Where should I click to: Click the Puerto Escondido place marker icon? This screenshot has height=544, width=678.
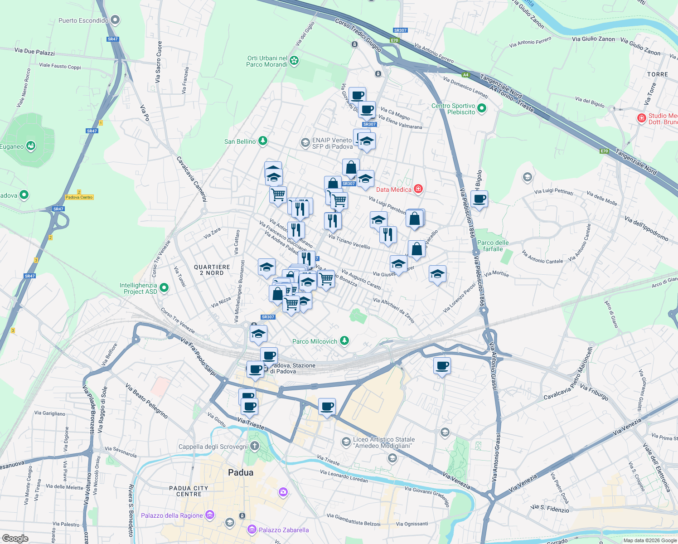tap(115, 20)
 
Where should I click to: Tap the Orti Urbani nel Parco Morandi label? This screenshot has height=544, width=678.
tap(267, 61)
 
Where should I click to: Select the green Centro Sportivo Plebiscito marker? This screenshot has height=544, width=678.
tap(482, 108)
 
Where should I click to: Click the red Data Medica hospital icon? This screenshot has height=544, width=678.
tap(418, 189)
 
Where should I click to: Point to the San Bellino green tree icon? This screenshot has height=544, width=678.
tap(263, 141)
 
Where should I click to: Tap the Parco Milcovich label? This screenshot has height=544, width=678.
tap(315, 341)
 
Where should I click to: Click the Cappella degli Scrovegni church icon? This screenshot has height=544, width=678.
tap(255, 446)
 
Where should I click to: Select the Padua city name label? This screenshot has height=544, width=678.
tap(241, 472)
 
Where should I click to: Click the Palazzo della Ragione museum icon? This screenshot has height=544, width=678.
tap(209, 515)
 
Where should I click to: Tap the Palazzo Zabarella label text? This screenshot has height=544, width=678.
tap(283, 530)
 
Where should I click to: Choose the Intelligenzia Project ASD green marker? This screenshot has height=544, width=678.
tap(164, 288)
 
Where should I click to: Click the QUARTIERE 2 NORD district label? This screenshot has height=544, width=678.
tap(212, 270)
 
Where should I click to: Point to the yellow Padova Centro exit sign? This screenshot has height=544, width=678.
tap(79, 197)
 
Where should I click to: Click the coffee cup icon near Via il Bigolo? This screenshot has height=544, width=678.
tap(479, 199)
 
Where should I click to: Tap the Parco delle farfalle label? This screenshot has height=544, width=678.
tap(493, 246)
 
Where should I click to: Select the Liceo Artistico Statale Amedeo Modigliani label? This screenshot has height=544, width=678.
tap(383, 442)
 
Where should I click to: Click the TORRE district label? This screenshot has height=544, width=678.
tap(657, 74)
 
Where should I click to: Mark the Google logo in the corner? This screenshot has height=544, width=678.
tap(15, 539)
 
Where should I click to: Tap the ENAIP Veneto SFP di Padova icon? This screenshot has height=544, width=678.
tap(305, 143)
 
